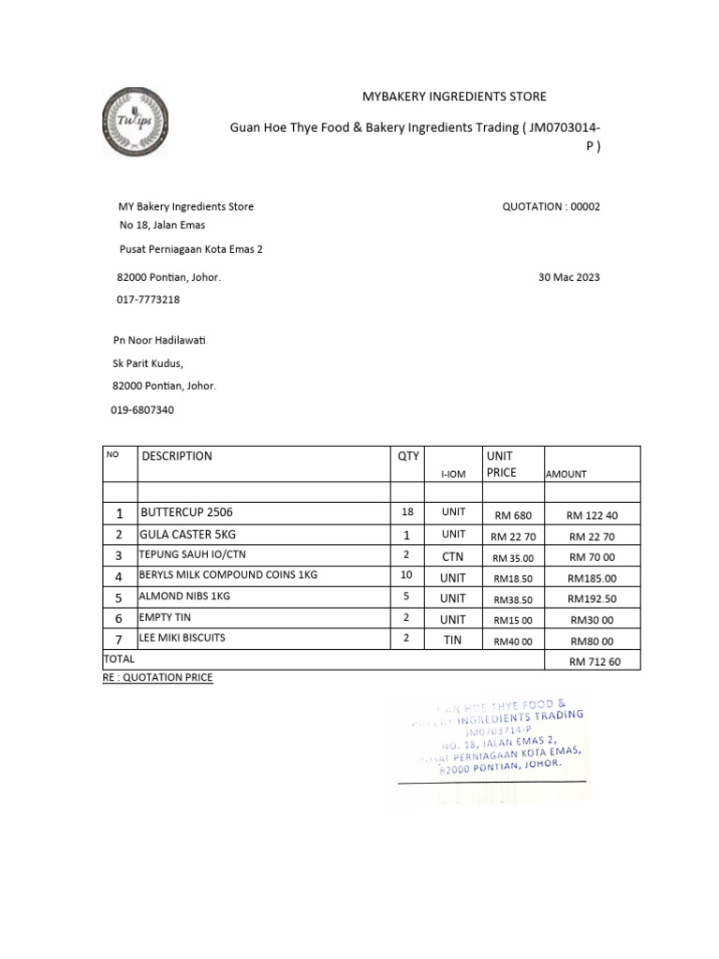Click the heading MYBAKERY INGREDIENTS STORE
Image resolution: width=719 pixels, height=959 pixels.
(x=454, y=96)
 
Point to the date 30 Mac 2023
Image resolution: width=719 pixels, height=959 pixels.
(x=569, y=277)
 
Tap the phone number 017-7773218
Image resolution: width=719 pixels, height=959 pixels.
(x=148, y=300)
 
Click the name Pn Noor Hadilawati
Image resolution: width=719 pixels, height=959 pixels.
(x=158, y=340)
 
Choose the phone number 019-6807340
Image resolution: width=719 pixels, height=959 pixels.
(x=142, y=409)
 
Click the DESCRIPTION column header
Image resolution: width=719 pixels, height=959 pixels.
(x=177, y=456)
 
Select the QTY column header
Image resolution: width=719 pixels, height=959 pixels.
(x=408, y=456)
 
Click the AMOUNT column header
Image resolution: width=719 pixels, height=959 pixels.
(x=565, y=474)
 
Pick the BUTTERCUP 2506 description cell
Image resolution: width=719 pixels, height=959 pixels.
(x=186, y=513)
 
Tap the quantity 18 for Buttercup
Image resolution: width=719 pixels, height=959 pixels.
(x=407, y=514)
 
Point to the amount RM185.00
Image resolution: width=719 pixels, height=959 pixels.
(x=592, y=579)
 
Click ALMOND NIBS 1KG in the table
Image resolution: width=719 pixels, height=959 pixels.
(x=184, y=596)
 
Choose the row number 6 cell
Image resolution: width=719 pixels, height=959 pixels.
(x=119, y=619)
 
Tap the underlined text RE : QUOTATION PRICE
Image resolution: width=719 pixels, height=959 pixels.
(x=157, y=676)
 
